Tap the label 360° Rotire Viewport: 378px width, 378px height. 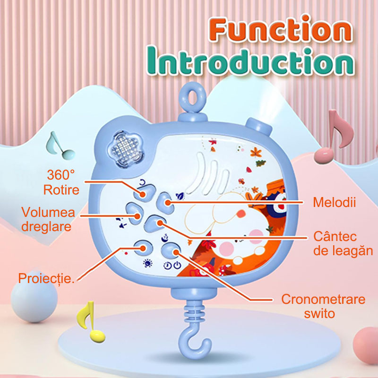tap(61, 182)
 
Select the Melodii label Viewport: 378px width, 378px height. tap(334, 202)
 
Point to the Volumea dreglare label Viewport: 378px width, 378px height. tap(48, 219)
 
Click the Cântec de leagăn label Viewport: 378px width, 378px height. tap(343, 243)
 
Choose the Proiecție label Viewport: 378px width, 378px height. tap(46, 278)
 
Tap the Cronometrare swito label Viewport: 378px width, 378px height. tap(323, 306)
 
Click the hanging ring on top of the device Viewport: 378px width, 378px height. tap(193, 97)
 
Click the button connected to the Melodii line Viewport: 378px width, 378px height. tap(165, 203)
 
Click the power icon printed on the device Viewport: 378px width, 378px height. tap(178, 265)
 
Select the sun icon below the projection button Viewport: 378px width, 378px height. tap(147, 264)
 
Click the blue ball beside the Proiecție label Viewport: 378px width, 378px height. tap(34, 300)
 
